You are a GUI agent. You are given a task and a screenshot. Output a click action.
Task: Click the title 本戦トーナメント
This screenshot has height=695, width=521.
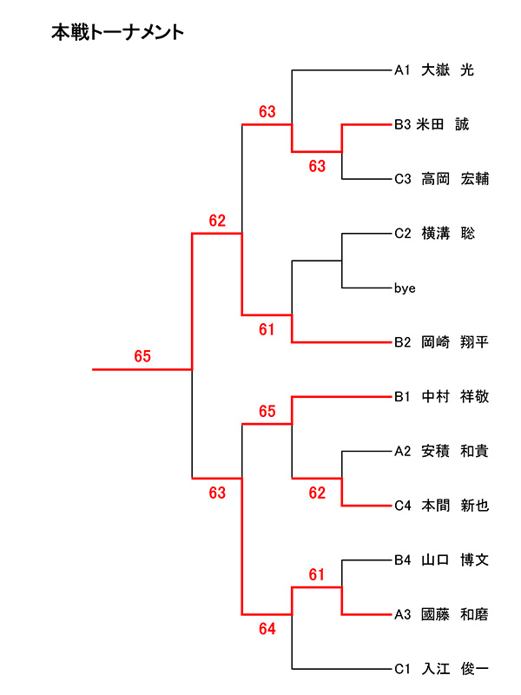pos(117,33)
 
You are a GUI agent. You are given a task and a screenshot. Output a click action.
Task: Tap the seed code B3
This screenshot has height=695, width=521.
pos(402,125)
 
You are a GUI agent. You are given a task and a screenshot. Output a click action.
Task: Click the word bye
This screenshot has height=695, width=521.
pos(404,288)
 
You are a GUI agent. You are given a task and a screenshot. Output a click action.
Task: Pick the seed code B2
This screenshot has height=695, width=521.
pos(402,342)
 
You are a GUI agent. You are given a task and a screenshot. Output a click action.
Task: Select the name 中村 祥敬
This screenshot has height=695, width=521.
pos(455,397)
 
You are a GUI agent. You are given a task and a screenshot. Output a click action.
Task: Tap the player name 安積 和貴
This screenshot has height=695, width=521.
pos(455,451)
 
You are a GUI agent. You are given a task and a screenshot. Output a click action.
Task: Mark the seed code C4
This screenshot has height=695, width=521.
pos(402,506)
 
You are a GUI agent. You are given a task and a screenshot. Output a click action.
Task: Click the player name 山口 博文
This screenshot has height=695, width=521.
pos(455,560)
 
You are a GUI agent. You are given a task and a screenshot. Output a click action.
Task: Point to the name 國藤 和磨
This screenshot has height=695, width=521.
pos(455,614)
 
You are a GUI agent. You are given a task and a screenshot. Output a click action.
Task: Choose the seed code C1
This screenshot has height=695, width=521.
pos(402,669)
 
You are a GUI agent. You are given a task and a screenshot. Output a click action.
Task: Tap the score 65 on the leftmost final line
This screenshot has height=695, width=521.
pos(142,356)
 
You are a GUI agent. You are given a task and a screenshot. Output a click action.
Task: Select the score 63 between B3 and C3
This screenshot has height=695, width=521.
pos(317,166)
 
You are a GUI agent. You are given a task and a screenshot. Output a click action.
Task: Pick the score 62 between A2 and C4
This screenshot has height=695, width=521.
pos(317,493)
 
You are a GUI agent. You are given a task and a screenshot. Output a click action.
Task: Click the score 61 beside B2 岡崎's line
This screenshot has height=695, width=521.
pos(267,329)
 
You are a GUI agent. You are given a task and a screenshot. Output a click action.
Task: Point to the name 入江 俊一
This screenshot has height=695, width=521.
pos(455,669)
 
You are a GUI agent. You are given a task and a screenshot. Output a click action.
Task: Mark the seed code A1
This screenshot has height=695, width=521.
pos(402,70)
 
